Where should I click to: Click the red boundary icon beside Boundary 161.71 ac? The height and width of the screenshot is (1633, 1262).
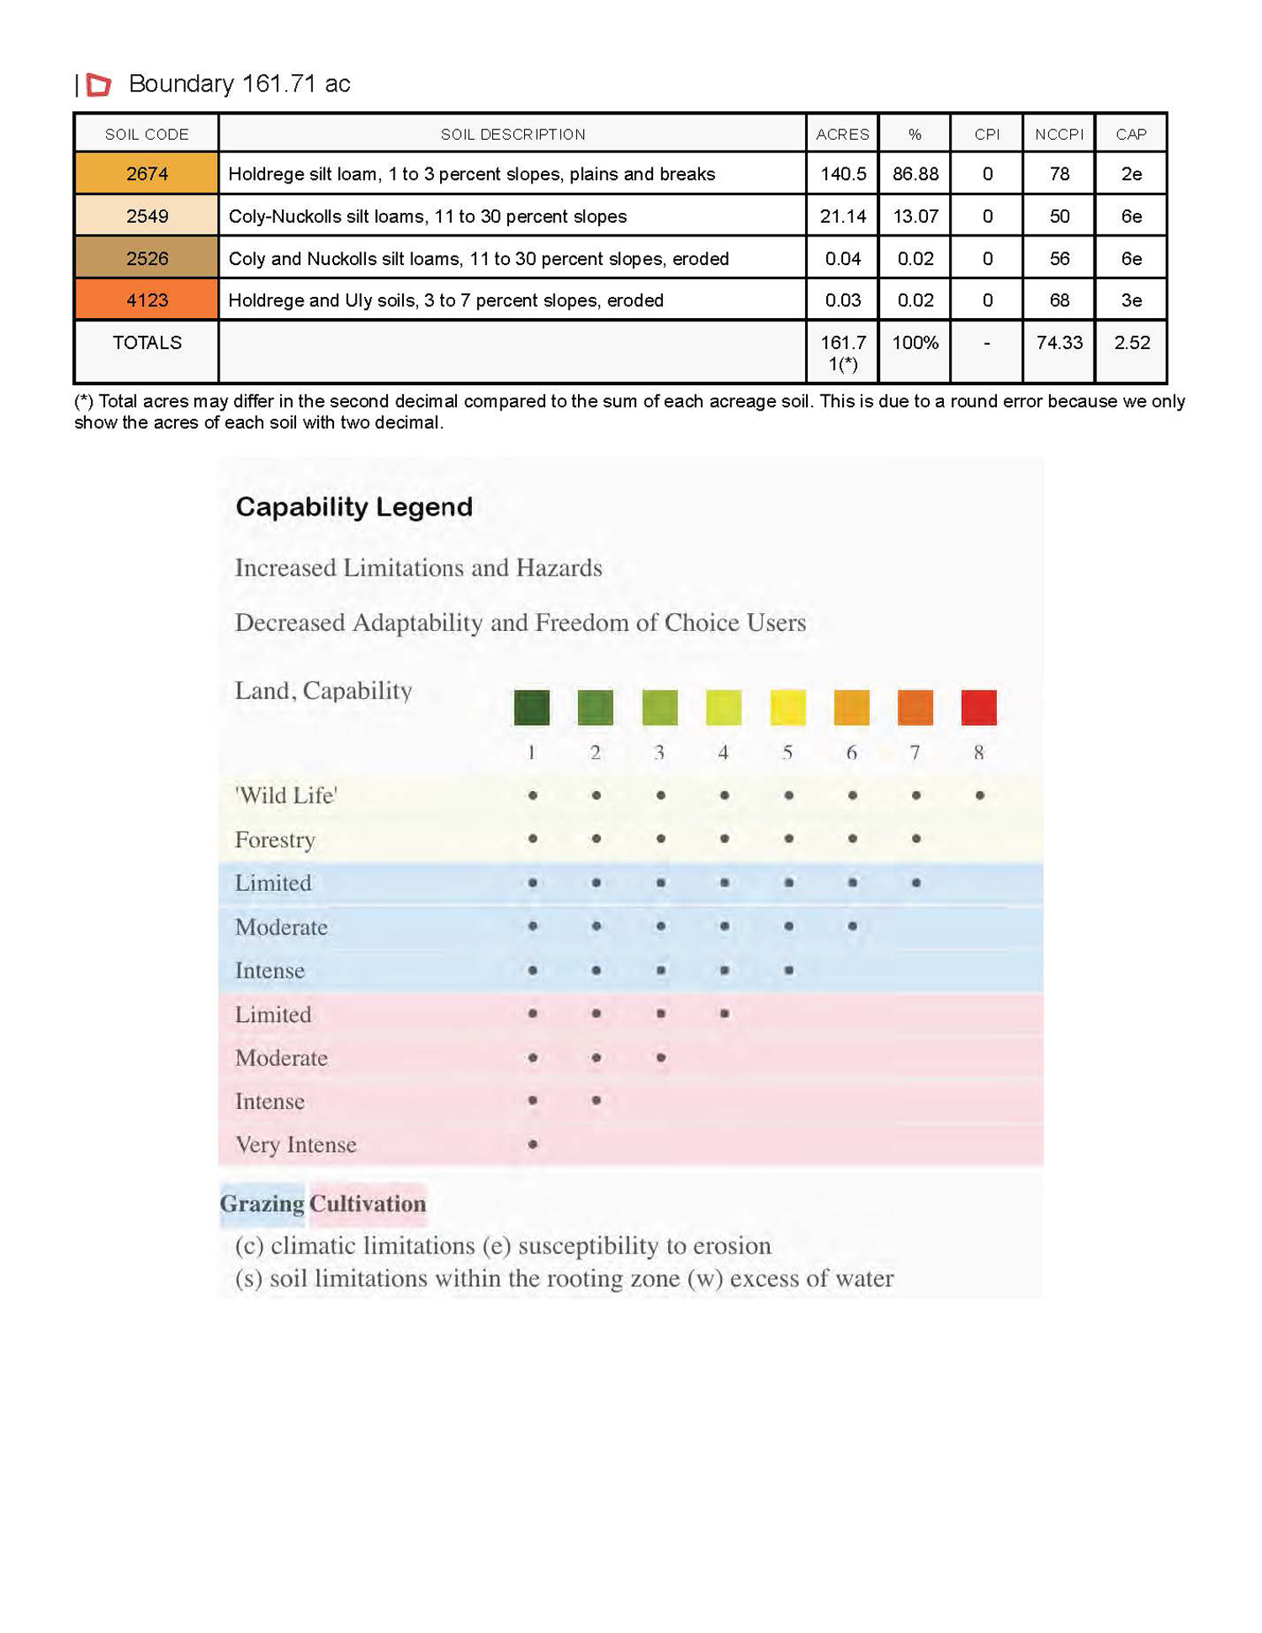coord(99,84)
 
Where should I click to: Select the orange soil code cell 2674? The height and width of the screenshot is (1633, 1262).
coord(146,174)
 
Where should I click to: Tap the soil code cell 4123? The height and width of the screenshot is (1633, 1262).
coord(146,300)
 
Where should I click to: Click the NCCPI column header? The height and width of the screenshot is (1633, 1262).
coord(1058,135)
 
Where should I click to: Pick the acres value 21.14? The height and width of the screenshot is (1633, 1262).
coord(842,216)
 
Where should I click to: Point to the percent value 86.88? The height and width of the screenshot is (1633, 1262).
coord(915,174)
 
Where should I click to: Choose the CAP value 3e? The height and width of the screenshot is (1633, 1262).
coord(1131,300)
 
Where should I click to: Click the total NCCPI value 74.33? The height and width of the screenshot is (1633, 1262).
coord(1058,342)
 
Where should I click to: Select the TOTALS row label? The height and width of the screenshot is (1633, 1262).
coord(146,342)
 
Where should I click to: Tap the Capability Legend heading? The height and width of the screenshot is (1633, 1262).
coord(353,506)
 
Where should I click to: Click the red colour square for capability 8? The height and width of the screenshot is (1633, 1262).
coord(978,708)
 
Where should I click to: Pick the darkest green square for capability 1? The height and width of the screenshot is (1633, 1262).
coord(532,708)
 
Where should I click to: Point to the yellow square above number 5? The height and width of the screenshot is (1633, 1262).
coord(787,708)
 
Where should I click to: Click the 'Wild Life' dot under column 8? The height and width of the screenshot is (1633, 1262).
coord(979,795)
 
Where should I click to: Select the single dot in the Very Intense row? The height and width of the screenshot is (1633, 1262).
coord(533,1144)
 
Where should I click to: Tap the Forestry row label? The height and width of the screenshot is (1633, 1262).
coord(275,840)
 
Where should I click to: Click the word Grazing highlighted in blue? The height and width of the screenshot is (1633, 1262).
coord(262,1204)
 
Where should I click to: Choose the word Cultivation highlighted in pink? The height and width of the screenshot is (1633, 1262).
coord(368,1204)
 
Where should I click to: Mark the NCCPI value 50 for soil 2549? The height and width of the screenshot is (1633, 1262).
coord(1058,216)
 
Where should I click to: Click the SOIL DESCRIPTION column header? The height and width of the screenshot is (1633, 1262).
coord(512,135)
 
